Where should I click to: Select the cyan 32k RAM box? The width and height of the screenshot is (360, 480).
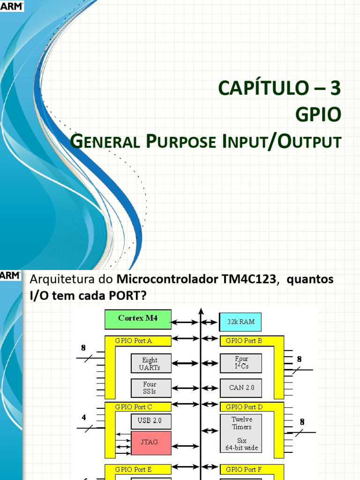click(240, 322)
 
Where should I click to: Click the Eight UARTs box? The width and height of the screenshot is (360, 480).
click(150, 364)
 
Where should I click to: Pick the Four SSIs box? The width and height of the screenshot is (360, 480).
click(150, 388)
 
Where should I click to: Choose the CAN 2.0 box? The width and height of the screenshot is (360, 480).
click(240, 388)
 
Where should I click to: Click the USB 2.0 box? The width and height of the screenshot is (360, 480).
click(150, 420)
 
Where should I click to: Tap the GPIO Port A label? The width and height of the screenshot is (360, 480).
click(134, 341)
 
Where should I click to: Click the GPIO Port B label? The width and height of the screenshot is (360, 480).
click(244, 341)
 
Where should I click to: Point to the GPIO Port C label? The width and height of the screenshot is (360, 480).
click(134, 407)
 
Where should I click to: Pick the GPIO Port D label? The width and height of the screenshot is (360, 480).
click(244, 407)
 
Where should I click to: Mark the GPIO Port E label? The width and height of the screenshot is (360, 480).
click(134, 469)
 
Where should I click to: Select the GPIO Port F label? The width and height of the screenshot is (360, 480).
click(244, 469)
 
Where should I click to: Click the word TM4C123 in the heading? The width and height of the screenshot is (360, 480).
click(249, 280)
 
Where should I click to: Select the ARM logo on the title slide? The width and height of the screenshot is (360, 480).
click(12, 6)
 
